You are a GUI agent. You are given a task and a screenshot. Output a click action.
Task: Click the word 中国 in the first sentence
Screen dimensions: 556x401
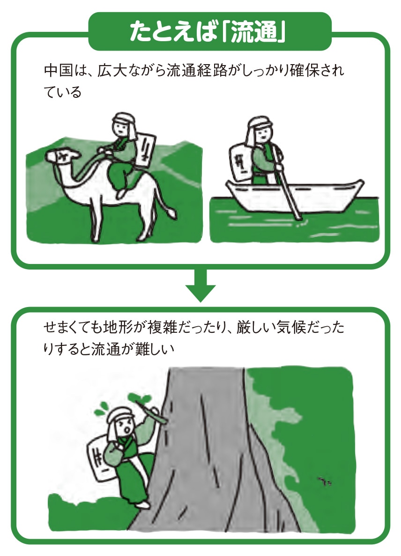55,72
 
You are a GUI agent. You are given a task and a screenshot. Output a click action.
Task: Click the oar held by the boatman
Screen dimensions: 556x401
289,192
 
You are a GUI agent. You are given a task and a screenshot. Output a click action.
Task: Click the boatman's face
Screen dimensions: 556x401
259,135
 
